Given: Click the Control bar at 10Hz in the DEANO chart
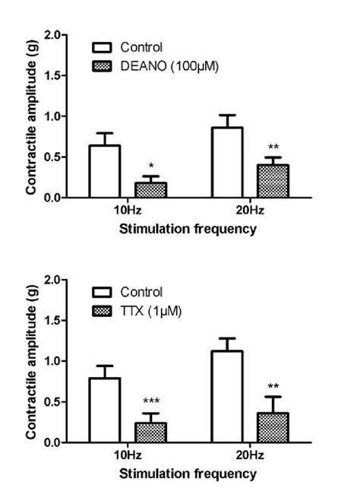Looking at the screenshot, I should pyautogui.click(x=105, y=171).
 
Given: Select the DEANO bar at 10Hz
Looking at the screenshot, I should pyautogui.click(x=150, y=189).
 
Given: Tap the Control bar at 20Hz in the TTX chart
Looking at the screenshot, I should pyautogui.click(x=226, y=396).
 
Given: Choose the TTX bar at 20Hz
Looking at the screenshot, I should pyautogui.click(x=273, y=427).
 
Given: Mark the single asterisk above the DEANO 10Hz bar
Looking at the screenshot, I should pyautogui.click(x=150, y=166).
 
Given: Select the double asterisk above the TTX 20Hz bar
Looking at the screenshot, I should pyautogui.click(x=273, y=386).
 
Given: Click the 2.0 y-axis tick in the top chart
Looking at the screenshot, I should pyautogui.click(x=52, y=35).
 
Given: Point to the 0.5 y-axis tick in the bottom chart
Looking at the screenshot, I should pyautogui.click(x=52, y=401).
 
